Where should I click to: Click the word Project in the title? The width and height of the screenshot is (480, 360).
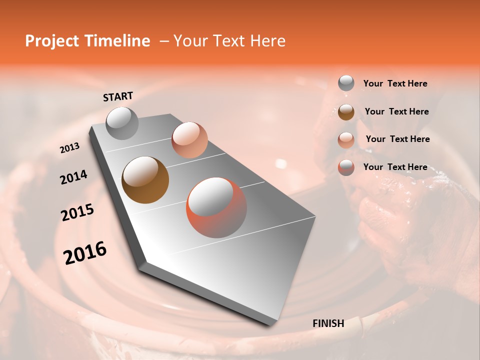pos(52,41)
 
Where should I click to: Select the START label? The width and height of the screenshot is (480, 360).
pos(118,96)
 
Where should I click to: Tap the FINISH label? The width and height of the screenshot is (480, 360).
pos(328,323)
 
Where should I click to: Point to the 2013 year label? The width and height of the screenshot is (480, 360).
pos(69,148)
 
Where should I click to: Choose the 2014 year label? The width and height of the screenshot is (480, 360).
pos(73,177)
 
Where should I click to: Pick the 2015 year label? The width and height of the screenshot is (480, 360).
pos(77,212)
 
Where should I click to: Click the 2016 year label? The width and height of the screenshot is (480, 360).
pos(85,253)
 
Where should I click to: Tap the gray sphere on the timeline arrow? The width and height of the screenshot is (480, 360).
pos(122,123)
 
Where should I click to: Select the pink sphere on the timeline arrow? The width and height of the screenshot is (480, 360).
pos(189,139)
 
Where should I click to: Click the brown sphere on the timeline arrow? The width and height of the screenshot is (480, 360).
pos(145,180)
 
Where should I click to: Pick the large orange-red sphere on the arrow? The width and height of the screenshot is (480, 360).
pos(216,207)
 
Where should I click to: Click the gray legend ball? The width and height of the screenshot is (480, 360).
pos(346,83)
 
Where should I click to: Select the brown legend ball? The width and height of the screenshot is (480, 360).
pos(346,112)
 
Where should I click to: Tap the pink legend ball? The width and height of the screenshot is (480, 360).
pos(346,139)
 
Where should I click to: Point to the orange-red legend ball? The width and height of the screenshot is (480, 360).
pos(346,167)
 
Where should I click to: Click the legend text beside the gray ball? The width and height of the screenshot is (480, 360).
pos(395,83)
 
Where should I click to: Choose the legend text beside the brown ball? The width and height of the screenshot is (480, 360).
pos(396,111)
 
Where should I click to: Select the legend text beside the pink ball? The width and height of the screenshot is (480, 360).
pos(397,139)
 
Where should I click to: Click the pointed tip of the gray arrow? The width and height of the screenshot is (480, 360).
pos(270,324)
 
